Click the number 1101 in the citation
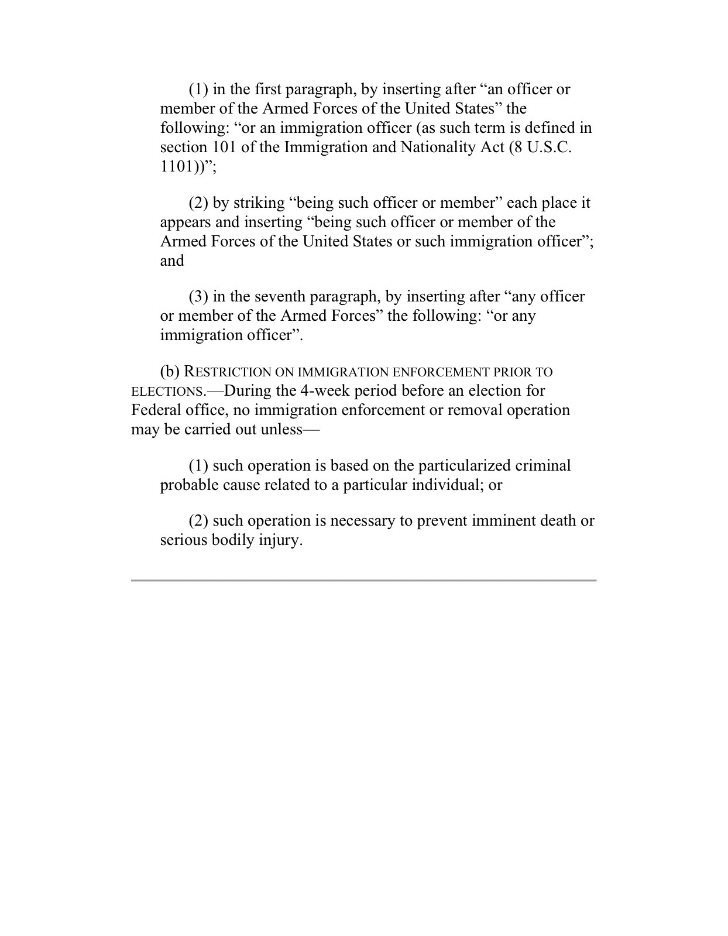coord(176,166)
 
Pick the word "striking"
coord(259,203)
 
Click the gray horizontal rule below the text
coord(363,580)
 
